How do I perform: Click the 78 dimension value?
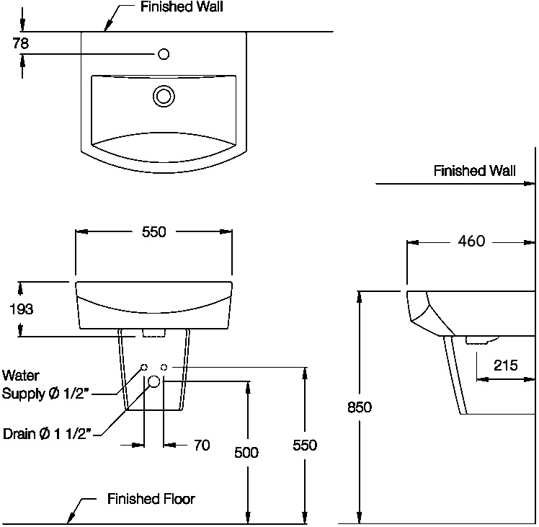pyautogui.click(x=20, y=43)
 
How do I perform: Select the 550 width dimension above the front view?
pyautogui.click(x=154, y=232)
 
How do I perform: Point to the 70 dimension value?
pyautogui.click(x=202, y=446)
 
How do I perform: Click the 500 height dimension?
pyautogui.click(x=246, y=452)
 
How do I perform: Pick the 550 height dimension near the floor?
pyautogui.click(x=305, y=446)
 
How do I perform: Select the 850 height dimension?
pyautogui.click(x=359, y=407)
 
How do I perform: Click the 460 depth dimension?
pyautogui.click(x=471, y=242)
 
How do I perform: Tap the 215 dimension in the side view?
pyautogui.click(x=505, y=365)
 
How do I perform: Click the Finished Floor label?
pyautogui.click(x=151, y=499)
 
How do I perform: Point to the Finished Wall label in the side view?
pyautogui.click(x=474, y=171)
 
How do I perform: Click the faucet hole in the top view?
pyautogui.click(x=164, y=53)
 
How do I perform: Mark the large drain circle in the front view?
pyautogui.click(x=154, y=381)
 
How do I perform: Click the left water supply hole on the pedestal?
pyautogui.click(x=144, y=368)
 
